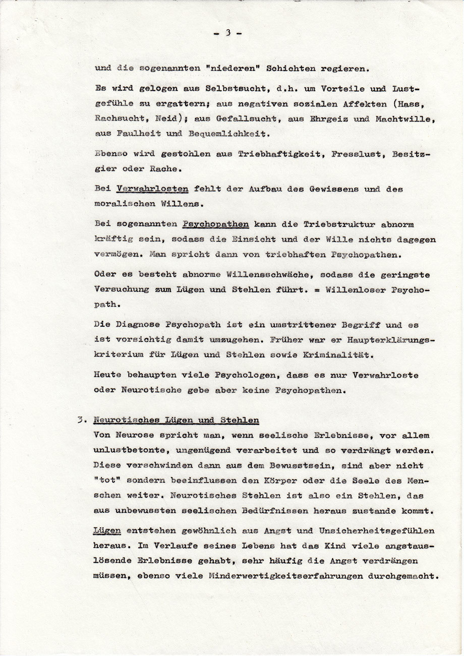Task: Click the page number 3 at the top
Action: pos(228,33)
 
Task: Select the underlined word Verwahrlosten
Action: pos(152,188)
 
